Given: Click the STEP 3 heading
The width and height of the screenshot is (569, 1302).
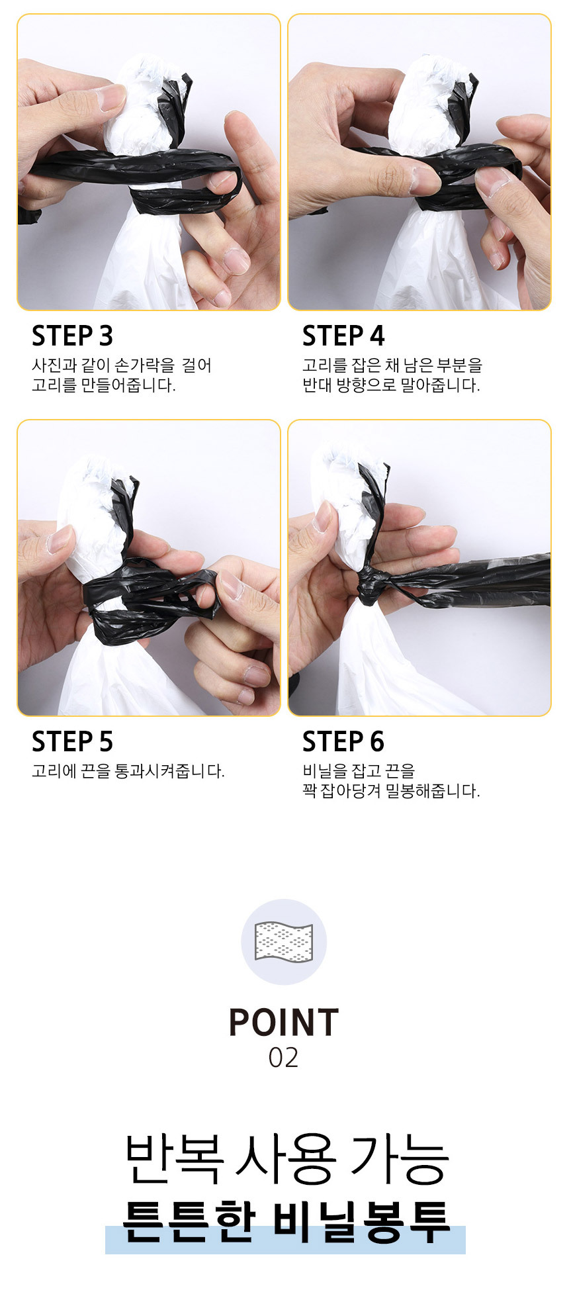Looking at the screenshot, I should click(x=72, y=336).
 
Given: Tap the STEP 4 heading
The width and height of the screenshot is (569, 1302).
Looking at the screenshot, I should click(x=343, y=336).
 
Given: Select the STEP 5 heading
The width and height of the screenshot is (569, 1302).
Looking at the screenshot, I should click(x=72, y=742).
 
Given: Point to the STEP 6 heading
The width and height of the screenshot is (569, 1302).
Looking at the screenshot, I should click(x=343, y=742).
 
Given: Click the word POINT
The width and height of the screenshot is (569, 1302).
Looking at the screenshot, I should click(x=283, y=1023).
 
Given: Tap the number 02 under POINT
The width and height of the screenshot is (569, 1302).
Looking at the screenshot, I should click(x=283, y=1058).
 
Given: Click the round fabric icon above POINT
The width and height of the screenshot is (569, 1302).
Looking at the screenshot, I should click(x=283, y=941).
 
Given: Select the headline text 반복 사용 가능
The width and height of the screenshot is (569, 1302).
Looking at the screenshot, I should click(x=286, y=1159).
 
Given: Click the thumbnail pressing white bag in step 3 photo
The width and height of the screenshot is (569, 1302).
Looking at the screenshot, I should click(x=109, y=97).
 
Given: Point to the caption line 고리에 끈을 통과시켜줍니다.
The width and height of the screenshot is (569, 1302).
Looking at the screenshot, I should click(x=128, y=771).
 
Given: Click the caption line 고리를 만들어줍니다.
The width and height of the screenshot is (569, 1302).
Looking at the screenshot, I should click(x=104, y=385).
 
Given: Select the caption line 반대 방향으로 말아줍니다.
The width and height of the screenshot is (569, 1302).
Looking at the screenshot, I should click(x=390, y=385).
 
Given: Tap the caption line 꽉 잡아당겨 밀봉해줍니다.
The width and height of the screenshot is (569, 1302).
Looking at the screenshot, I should click(x=390, y=791).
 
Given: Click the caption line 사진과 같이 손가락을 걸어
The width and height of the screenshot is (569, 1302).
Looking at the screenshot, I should click(x=122, y=365).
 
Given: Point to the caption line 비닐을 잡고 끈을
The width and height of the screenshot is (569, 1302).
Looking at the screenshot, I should click(x=358, y=771).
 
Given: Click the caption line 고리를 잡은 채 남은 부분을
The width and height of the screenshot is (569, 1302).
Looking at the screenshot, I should click(x=392, y=365).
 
